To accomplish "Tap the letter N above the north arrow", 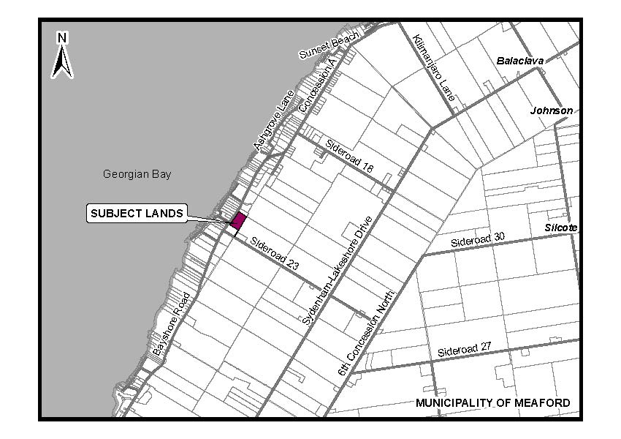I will [63, 37].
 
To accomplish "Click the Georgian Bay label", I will [137, 174].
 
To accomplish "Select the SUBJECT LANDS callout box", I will [137, 213].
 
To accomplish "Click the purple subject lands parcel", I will [238, 220].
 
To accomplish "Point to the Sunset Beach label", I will [330, 46].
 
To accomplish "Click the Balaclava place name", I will [520, 61].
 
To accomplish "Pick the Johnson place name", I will [552, 110].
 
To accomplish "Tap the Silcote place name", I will [560, 228].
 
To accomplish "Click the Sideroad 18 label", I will [349, 156].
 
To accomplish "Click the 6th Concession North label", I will [367, 334].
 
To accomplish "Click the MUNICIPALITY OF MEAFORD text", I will [493, 403].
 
